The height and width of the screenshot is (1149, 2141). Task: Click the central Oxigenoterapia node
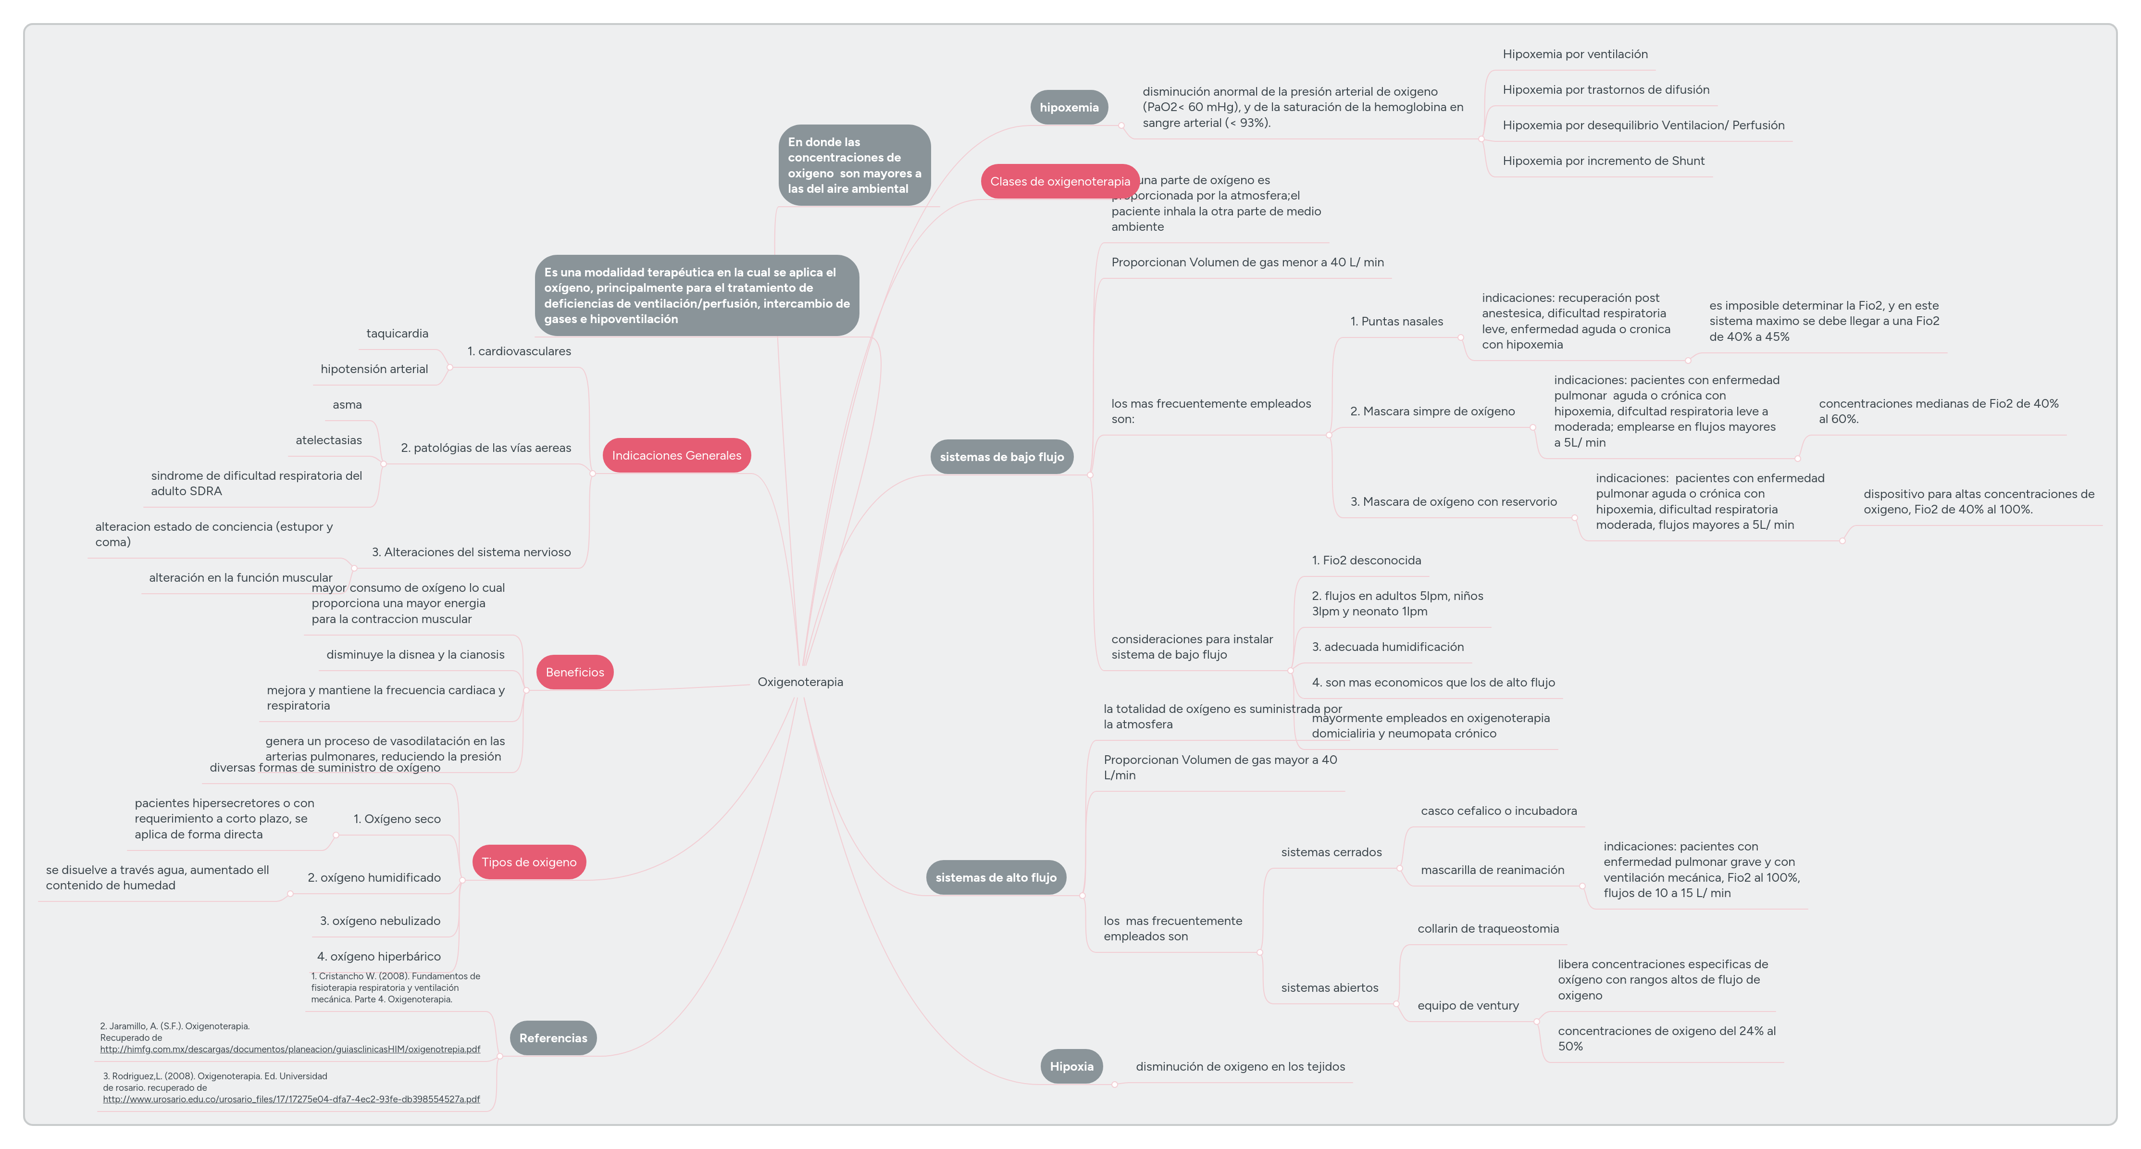pos(799,682)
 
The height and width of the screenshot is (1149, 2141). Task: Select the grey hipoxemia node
pos(1069,107)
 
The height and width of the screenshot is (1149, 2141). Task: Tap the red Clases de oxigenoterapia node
pos(1060,181)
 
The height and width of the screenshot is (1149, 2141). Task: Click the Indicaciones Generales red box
pos(676,456)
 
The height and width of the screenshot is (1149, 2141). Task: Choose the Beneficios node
pos(574,672)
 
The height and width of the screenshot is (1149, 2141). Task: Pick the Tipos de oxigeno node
pos(529,862)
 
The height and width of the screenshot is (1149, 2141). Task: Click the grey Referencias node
pos(553,1037)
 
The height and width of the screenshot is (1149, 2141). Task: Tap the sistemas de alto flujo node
pos(996,877)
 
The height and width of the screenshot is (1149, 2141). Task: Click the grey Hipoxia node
pos(1071,1066)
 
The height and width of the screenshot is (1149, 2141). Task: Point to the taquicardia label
pos(397,333)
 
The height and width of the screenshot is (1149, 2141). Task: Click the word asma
pos(348,405)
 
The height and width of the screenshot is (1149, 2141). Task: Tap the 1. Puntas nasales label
pos(1396,322)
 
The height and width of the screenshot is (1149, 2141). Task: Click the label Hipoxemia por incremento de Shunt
pos(1603,161)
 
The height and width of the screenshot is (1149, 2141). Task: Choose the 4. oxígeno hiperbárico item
pos(379,956)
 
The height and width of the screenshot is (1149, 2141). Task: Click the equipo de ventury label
pos(1468,1005)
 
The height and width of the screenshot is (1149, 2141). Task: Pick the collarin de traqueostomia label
pos(1488,929)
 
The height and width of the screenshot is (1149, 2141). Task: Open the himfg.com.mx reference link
pos(290,1049)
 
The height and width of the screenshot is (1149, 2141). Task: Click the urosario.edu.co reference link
pos(291,1099)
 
